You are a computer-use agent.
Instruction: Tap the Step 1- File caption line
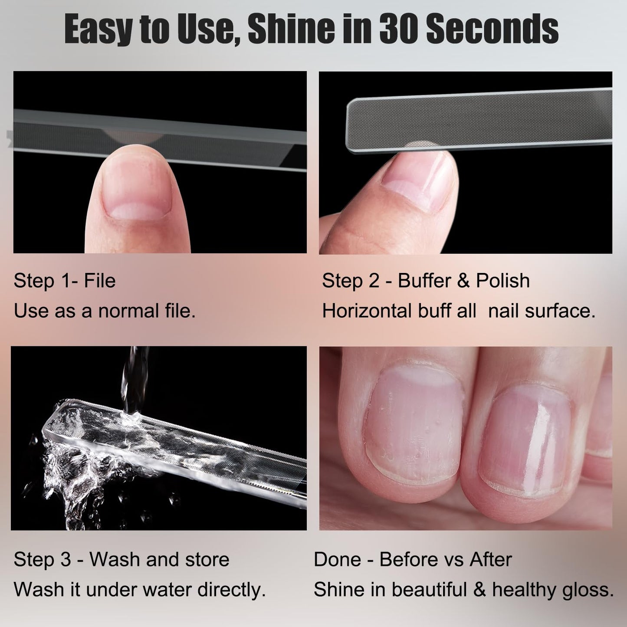click(x=65, y=281)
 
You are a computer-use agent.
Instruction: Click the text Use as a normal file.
click(x=105, y=311)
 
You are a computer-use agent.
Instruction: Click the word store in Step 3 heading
click(x=207, y=559)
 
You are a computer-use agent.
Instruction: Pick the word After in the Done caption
click(x=490, y=559)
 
